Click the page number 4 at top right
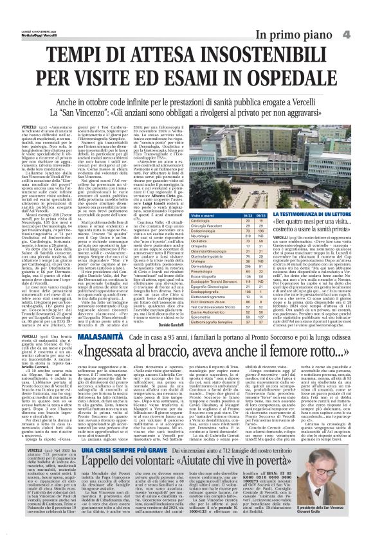pyautogui.click(x=363, y=33)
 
